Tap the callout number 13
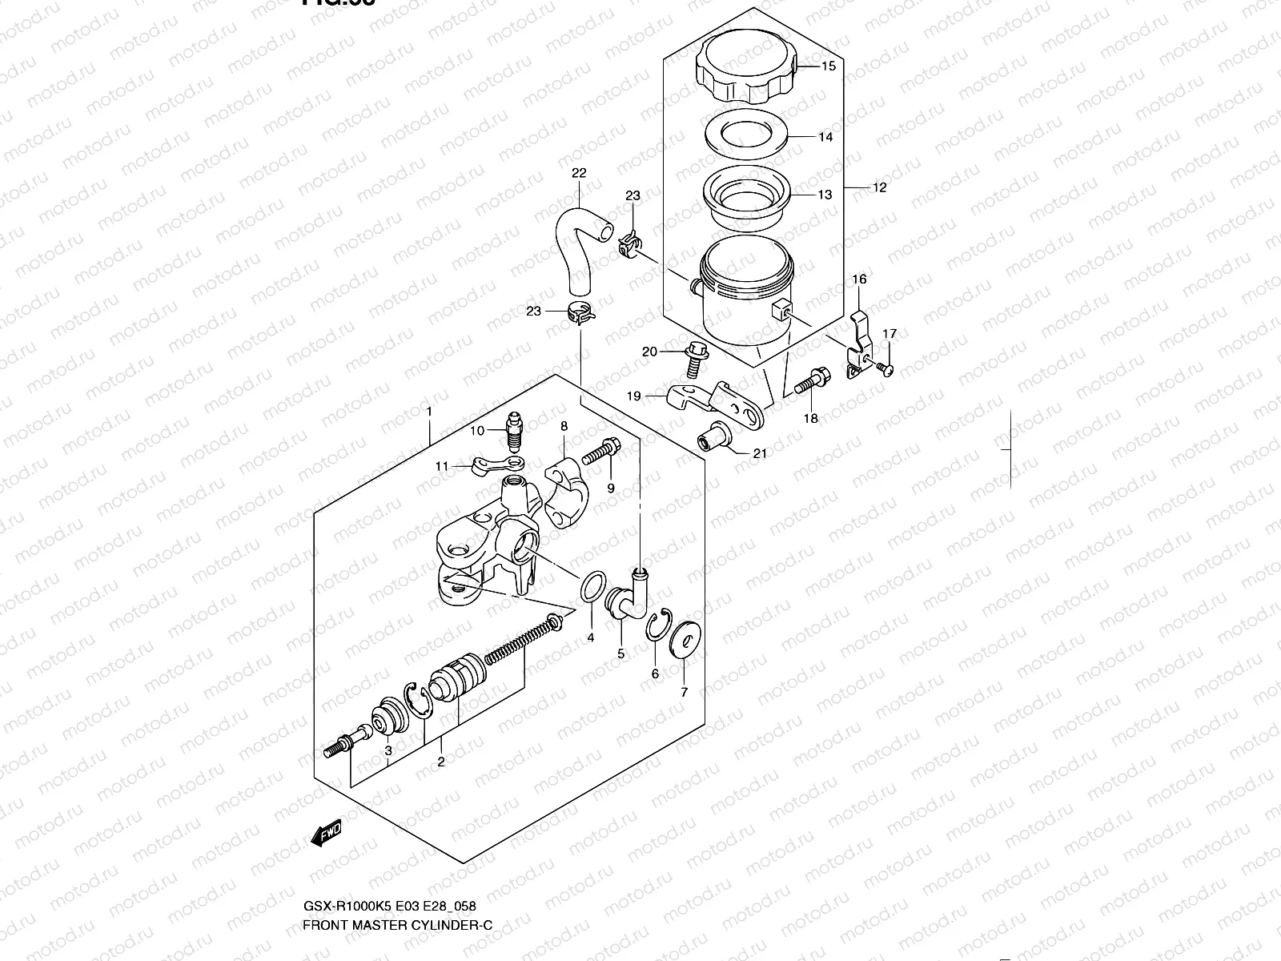(825, 195)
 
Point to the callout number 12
(879, 187)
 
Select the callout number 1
(429, 412)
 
